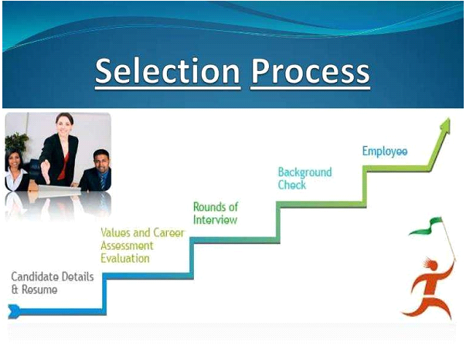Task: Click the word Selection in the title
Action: pos(168,71)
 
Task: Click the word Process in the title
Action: pos(311,72)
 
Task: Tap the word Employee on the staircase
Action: pos(385,151)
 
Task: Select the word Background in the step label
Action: pos(305,172)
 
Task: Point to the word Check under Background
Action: pos(292,185)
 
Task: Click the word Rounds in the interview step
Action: pos(210,207)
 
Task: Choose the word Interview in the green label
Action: pos(215,220)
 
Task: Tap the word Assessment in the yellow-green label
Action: pos(127,246)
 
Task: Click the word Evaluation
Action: pos(125,258)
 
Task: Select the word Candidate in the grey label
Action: pos(35,277)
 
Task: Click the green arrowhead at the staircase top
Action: pos(445,125)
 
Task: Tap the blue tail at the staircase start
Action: pos(14,311)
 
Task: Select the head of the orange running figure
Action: pos(431,265)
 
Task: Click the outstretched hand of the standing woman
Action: pos(46,171)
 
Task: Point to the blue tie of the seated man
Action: pos(103,182)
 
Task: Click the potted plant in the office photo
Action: pos(17,142)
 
